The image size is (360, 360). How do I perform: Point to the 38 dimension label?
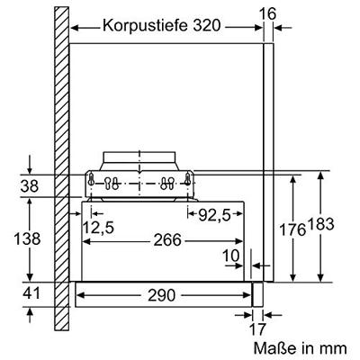coord(30,186)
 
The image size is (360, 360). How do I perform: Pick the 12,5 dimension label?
coord(98,228)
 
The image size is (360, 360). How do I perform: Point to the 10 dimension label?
coord(230,256)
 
